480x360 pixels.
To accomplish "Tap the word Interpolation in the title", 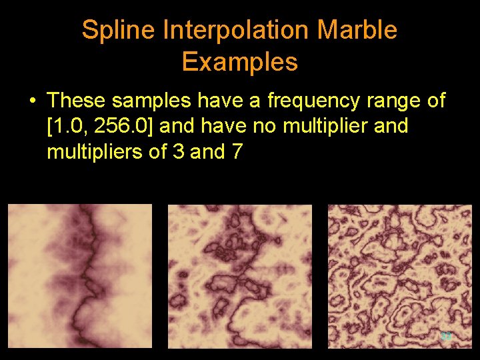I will click(235, 30).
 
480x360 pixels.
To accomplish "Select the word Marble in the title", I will click(358, 30).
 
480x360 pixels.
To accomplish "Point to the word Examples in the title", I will click(239, 62).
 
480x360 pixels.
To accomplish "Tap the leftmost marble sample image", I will click(80, 276).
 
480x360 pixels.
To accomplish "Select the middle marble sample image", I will click(239, 276).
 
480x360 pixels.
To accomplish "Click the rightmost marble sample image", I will click(399, 276).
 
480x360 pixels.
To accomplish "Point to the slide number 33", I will click(446, 337).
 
